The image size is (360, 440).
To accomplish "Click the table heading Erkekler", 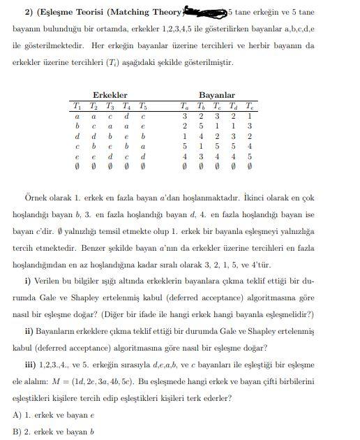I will point(110,95).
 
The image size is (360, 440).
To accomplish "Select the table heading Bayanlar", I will point(217,95).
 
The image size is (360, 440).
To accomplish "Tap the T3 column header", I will point(110,106).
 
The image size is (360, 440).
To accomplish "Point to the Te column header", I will point(251,106).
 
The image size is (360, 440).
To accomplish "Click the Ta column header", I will point(183,106).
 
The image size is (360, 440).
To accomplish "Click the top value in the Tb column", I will point(200,117).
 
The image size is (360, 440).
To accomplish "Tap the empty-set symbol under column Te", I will point(251,168).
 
